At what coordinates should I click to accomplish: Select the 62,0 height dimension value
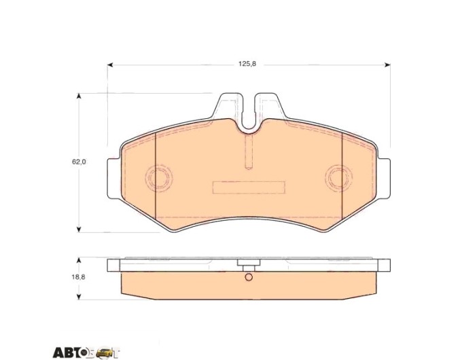point(79,162)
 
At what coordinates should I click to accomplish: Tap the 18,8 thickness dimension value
point(78,277)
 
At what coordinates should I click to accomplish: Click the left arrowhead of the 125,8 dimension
point(110,65)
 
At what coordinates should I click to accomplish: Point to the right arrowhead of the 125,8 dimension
point(388,65)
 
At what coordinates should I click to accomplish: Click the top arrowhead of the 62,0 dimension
point(78,96)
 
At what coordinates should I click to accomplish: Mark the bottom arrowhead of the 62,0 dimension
point(78,230)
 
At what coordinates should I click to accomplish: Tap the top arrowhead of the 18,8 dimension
point(78,260)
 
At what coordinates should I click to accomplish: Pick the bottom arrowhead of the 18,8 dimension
point(78,297)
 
